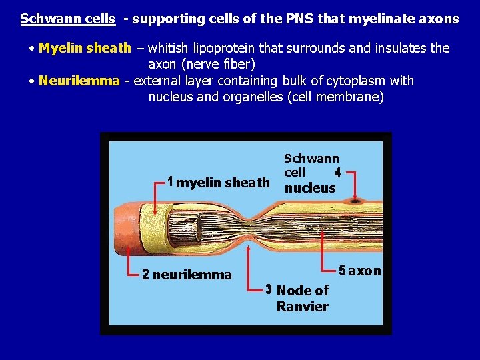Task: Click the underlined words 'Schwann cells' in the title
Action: pyautogui.click(x=67, y=19)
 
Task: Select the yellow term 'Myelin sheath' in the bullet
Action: pyautogui.click(x=85, y=49)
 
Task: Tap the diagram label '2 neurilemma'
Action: pyautogui.click(x=187, y=274)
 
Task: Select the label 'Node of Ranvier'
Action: pyautogui.click(x=302, y=299)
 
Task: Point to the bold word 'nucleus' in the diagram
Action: pyautogui.click(x=310, y=188)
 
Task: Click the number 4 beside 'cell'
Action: pyautogui.click(x=337, y=173)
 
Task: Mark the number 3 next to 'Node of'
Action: pyautogui.click(x=268, y=290)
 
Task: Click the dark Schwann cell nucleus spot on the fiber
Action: pyautogui.click(x=355, y=199)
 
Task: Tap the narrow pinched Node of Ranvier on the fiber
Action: pyautogui.click(x=249, y=227)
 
